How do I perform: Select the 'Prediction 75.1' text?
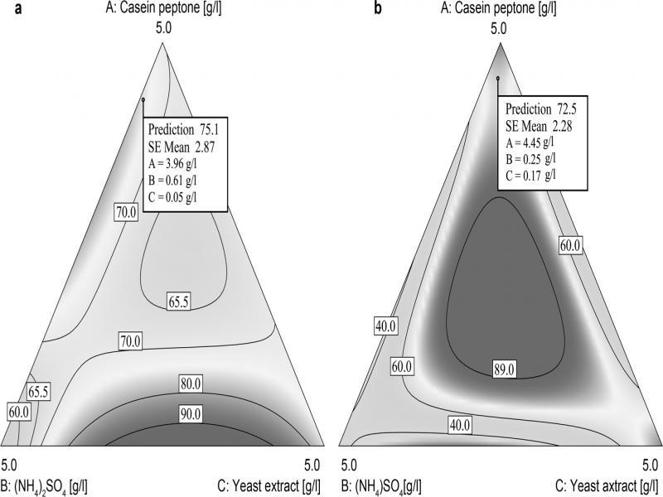(181, 129)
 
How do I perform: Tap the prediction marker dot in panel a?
(143, 99)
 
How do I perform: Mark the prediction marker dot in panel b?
(497, 79)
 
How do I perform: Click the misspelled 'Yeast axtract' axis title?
(596, 481)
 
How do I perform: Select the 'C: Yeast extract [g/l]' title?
(262, 481)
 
